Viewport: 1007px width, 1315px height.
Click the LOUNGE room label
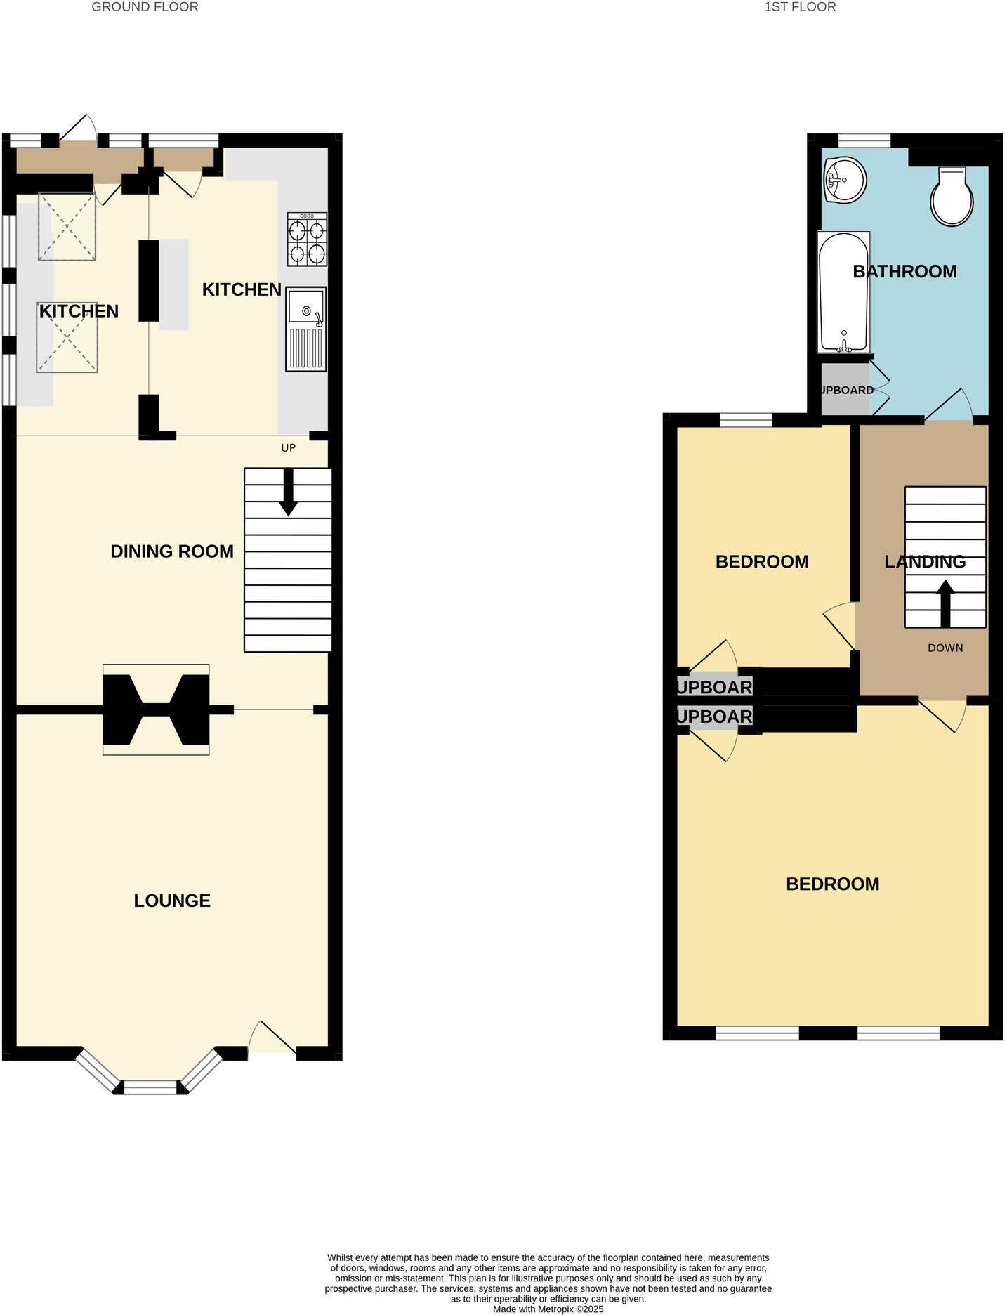[x=172, y=901]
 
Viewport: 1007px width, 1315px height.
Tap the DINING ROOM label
[x=172, y=551]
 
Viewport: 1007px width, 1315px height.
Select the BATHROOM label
[x=904, y=272]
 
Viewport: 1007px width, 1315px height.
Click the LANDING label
[x=924, y=562]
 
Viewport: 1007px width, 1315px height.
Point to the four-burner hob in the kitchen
[x=308, y=239]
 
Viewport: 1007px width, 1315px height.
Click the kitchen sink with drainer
[x=306, y=329]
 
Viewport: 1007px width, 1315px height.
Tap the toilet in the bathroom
[x=952, y=197]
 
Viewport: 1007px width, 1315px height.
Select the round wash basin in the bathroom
[x=845, y=180]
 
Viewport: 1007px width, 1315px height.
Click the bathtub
[x=843, y=292]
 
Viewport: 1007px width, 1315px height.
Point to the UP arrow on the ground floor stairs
[x=288, y=492]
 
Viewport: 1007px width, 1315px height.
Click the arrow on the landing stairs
[x=945, y=603]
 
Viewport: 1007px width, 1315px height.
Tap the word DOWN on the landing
[x=945, y=648]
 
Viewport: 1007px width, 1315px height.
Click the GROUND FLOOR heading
[x=145, y=7]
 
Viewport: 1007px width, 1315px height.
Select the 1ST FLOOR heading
[x=800, y=7]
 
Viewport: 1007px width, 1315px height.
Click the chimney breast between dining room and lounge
[x=156, y=709]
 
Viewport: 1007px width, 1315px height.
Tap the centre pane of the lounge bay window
[x=150, y=1088]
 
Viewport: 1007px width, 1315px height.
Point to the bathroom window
[x=864, y=140]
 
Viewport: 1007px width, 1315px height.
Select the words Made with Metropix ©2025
[x=548, y=1309]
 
